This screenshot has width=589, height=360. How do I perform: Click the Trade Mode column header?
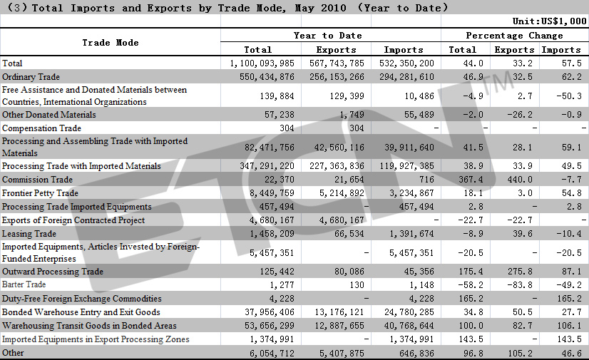coord(111,43)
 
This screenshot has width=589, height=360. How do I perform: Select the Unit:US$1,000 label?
coord(550,21)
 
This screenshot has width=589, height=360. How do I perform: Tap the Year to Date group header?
coord(328,35)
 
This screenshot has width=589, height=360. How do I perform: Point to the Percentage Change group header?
coord(515,35)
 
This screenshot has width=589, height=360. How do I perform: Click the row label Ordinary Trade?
coord(31,76)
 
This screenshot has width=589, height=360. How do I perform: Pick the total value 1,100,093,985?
coord(262,63)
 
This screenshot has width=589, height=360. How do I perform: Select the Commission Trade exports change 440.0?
coord(520,180)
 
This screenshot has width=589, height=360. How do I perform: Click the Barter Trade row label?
coord(24,284)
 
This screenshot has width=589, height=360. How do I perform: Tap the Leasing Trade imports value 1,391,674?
coord(411,234)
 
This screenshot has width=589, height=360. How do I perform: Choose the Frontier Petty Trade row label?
coord(40,193)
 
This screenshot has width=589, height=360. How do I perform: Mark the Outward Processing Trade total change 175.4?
coord(471,272)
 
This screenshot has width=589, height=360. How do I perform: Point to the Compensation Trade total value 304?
coord(287,128)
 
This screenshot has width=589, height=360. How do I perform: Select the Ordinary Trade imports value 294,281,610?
coord(407,76)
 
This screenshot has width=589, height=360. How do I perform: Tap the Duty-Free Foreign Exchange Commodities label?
coord(81,299)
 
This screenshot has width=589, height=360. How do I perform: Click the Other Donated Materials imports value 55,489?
coord(419,115)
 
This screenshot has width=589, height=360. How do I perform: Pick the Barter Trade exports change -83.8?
coord(520,285)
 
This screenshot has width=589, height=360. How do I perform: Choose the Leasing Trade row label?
coord(29,234)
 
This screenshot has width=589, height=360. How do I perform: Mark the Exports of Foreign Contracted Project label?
coord(73,220)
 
